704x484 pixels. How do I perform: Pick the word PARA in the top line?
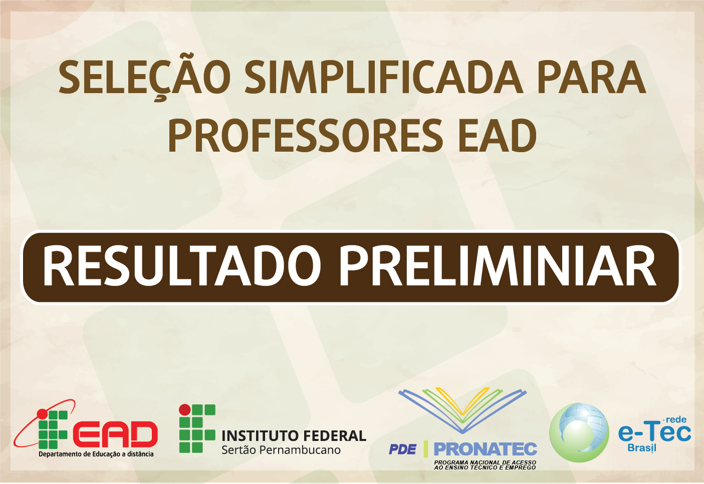pos(592,77)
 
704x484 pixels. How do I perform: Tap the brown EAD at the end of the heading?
pos(497,135)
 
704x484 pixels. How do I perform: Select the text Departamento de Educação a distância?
pos(96,454)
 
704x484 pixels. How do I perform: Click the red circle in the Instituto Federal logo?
pos(185,409)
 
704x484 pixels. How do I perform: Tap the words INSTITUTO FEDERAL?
pos(294,436)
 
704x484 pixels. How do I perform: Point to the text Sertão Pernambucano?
pos(281,450)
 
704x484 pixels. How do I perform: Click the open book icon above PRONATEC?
pos(462,410)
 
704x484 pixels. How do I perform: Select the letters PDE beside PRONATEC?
pos(402,449)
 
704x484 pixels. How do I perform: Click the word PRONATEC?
pos(485,449)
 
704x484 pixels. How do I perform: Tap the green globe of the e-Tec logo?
pos(579,432)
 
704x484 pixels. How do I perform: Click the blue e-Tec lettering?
pos(654,433)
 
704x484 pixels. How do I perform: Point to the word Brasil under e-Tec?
pos(642,448)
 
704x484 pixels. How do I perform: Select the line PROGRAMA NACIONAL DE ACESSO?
pos(485,462)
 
